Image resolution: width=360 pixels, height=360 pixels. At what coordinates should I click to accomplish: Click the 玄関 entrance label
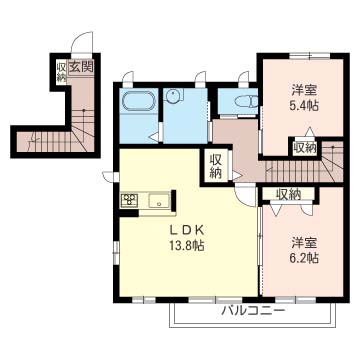point(81,67)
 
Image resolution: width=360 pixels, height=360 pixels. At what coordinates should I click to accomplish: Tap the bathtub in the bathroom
point(139,100)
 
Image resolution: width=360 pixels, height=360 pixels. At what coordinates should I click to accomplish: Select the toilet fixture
point(246,101)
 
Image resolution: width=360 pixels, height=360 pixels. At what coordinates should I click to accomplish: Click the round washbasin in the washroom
point(173,95)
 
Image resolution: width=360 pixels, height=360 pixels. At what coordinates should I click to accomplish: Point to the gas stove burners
point(129,200)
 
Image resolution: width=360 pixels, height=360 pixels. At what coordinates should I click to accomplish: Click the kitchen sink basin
point(158,201)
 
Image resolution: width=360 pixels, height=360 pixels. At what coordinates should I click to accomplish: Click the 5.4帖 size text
point(304,106)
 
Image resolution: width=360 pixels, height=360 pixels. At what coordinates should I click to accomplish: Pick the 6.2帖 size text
point(304,257)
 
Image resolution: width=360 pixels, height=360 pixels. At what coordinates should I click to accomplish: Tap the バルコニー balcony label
point(254,311)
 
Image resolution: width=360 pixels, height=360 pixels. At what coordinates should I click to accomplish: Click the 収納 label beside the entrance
point(61,71)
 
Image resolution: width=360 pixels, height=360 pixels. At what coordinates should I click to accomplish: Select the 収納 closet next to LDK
point(216,167)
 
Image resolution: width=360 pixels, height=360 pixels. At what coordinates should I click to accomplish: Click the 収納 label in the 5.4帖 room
point(305,147)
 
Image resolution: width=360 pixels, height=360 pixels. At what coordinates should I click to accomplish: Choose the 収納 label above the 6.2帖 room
point(289,194)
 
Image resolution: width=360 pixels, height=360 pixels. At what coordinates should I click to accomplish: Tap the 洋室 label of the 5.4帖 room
point(304,90)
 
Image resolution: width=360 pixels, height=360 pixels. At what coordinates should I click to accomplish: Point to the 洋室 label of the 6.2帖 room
point(304,242)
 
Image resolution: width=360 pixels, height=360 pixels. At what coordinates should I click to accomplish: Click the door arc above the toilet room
point(243,76)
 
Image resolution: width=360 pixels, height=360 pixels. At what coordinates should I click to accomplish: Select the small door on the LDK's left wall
point(109,176)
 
